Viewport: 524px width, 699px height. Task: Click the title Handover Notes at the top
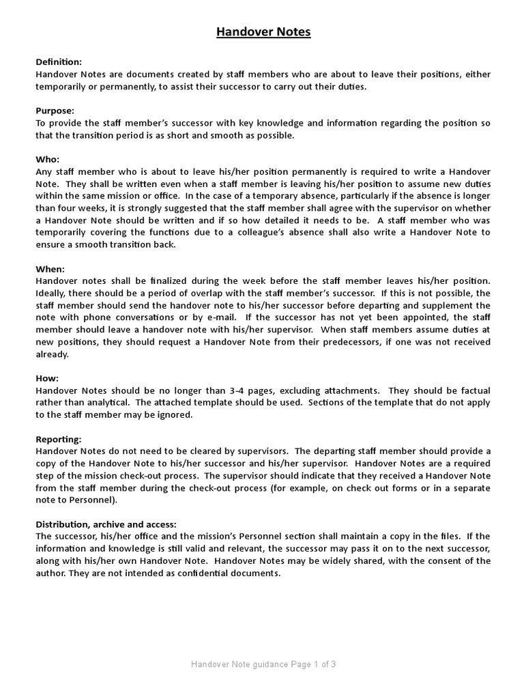coord(263,32)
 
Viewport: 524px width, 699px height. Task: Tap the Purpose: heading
coord(55,111)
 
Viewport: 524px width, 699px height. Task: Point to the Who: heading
coord(48,159)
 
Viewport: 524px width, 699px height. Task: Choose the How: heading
coord(47,378)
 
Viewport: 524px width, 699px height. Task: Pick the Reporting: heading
coord(59,439)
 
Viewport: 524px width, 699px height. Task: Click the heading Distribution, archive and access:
coord(106,524)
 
